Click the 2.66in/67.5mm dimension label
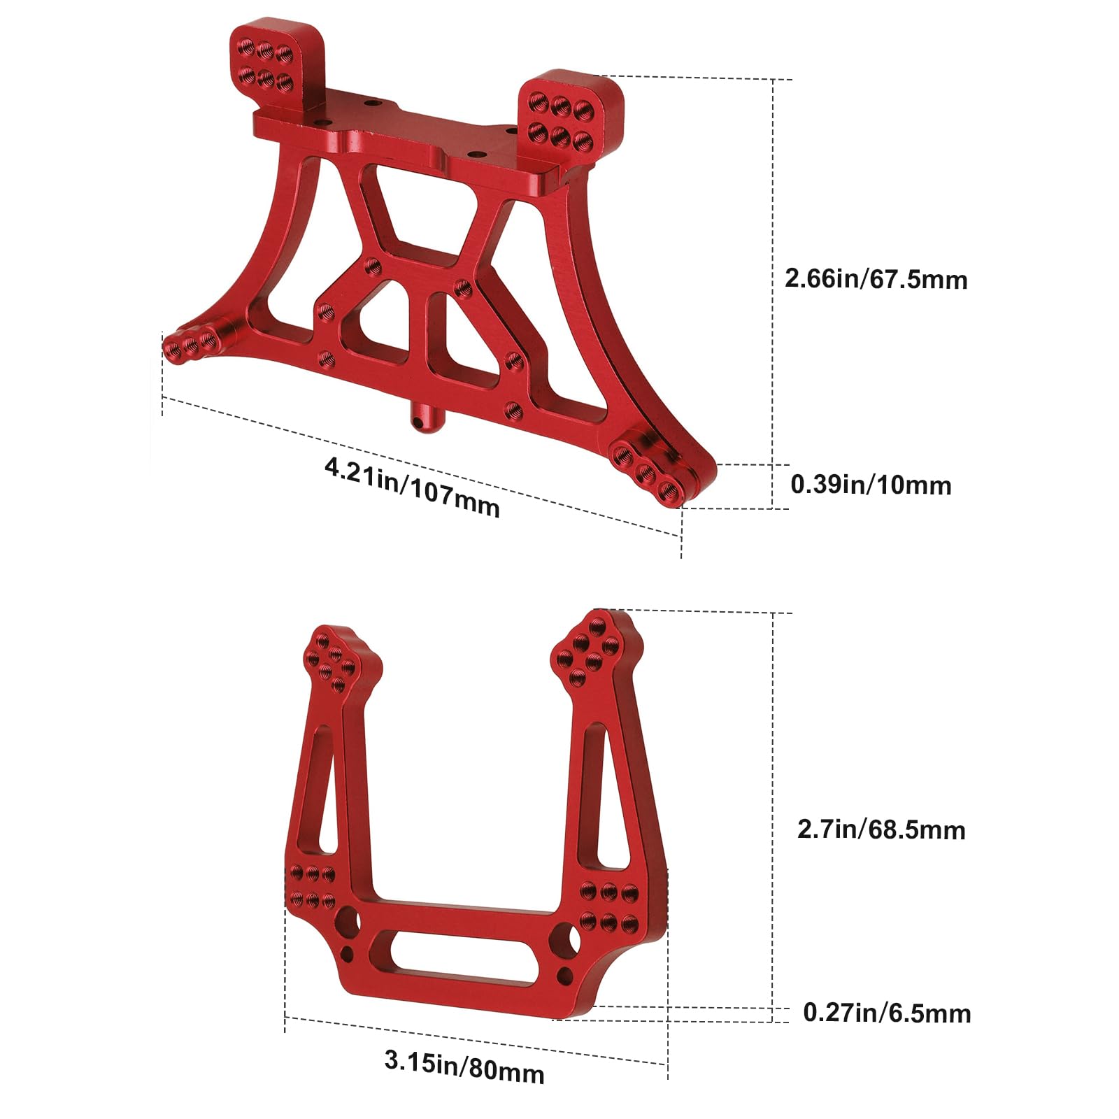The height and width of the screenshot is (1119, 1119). click(876, 279)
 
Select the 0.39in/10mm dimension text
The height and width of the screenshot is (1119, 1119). click(871, 485)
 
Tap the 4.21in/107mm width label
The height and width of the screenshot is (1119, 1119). click(413, 487)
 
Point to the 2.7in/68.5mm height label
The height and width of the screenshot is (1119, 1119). click(881, 829)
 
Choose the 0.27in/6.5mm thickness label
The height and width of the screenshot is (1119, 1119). click(887, 1013)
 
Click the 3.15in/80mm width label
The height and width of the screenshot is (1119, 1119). click(464, 1066)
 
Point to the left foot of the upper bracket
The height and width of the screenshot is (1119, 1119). click(192, 343)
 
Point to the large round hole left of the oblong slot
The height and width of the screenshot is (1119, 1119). click(348, 923)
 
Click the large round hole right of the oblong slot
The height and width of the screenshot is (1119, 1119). click(566, 938)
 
